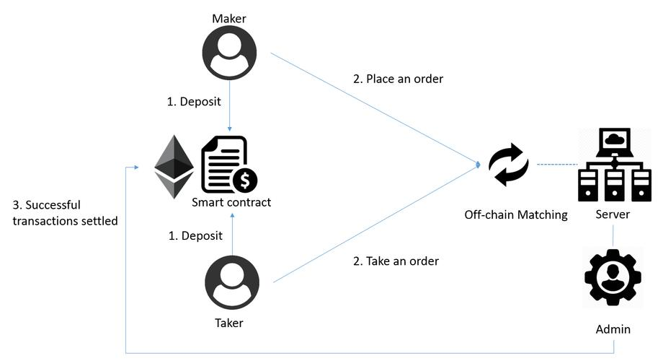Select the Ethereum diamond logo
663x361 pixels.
[x=174, y=167]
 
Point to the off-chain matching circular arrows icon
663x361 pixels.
[x=508, y=165]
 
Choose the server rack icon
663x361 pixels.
[x=613, y=165]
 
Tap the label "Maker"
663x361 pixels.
[x=229, y=17]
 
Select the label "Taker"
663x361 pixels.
[x=228, y=323]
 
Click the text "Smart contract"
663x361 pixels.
[x=231, y=202]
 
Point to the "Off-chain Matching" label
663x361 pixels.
[x=516, y=214]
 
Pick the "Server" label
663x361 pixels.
[x=613, y=214]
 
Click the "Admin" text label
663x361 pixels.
[x=613, y=329]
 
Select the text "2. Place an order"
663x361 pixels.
[x=398, y=79]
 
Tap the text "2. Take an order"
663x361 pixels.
[x=396, y=261]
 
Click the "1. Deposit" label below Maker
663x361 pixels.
[x=194, y=103]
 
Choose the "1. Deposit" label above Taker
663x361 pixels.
[x=194, y=235]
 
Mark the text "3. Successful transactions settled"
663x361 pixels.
[x=65, y=213]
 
